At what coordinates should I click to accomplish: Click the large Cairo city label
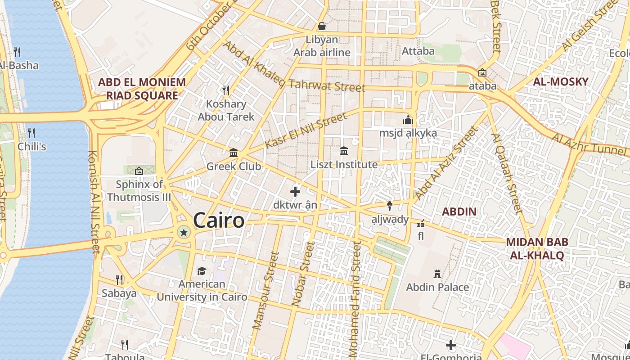(x=219, y=220)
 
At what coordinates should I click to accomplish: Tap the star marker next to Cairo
(x=184, y=232)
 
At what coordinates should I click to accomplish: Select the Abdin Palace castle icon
(x=437, y=274)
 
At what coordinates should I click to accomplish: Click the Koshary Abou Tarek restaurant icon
(x=226, y=90)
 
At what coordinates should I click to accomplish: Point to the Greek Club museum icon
(x=234, y=153)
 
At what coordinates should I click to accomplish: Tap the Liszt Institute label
(x=344, y=165)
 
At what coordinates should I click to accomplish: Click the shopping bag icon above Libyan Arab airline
(x=322, y=26)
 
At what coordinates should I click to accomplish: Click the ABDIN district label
(x=459, y=211)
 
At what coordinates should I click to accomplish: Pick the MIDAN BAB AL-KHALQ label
(x=537, y=248)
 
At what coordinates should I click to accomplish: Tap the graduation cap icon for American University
(x=202, y=271)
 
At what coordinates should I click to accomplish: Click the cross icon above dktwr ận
(x=295, y=192)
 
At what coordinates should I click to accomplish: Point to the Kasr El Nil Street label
(x=306, y=130)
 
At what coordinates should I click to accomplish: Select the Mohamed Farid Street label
(x=355, y=299)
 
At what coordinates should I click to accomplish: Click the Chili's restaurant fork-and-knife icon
(x=31, y=133)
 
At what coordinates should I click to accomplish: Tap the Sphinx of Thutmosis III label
(x=139, y=191)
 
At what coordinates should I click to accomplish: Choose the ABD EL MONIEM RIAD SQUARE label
(x=142, y=89)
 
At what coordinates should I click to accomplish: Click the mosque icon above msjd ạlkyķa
(x=408, y=120)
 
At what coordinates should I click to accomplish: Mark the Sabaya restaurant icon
(x=119, y=280)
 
